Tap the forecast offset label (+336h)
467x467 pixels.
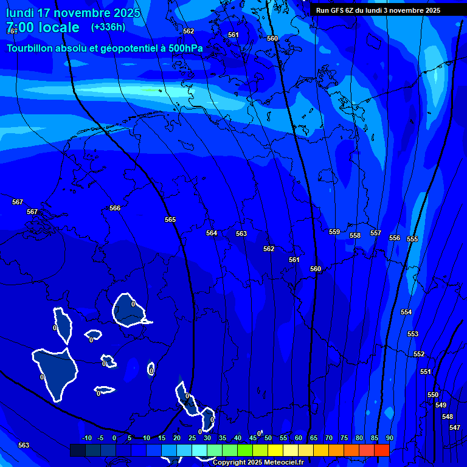(x=108, y=27)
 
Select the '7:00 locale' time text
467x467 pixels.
(x=43, y=27)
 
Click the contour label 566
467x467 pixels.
(x=115, y=208)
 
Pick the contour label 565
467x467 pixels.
(x=170, y=220)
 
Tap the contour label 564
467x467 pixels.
(x=212, y=233)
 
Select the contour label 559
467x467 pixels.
(x=334, y=232)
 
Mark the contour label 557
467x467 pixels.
(x=376, y=233)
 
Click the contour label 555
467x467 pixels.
(x=412, y=239)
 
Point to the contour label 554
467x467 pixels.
(x=406, y=312)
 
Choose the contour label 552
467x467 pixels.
(x=419, y=354)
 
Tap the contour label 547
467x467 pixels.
(x=454, y=427)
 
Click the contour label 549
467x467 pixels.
(x=441, y=405)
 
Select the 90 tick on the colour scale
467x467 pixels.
(x=389, y=438)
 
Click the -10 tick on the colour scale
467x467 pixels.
(x=87, y=438)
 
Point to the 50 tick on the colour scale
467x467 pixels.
(x=268, y=438)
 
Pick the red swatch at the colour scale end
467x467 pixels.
(x=382, y=450)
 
